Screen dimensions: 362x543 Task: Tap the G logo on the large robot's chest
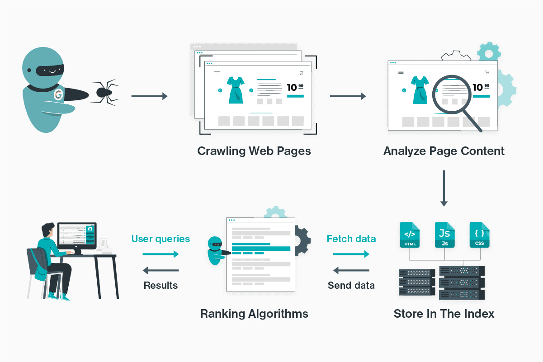click(58, 94)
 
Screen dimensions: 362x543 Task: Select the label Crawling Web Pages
click(254, 151)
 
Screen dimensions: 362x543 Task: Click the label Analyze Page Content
click(444, 151)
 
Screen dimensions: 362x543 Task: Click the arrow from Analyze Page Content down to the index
click(444, 188)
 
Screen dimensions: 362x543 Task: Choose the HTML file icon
click(410, 235)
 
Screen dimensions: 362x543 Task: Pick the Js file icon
click(444, 235)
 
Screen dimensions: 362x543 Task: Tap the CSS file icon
click(479, 235)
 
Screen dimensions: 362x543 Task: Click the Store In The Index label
click(444, 314)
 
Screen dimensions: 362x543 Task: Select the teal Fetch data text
click(351, 239)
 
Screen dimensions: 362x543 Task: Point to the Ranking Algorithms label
click(254, 314)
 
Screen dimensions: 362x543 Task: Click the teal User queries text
click(161, 239)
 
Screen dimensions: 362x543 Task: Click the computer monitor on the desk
click(77, 235)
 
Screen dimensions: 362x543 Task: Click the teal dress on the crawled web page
click(236, 90)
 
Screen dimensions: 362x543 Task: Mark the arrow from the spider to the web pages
click(149, 96)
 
